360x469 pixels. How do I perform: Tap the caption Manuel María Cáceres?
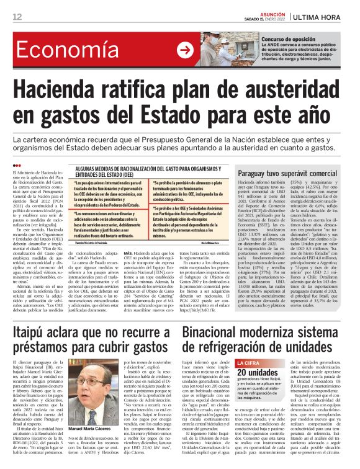point(94,428)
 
